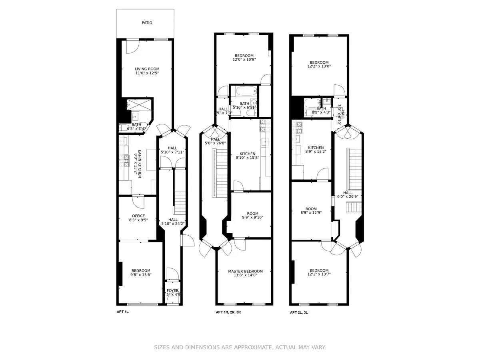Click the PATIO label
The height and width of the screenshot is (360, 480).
click(x=147, y=23)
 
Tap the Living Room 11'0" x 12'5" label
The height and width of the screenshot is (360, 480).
click(x=147, y=71)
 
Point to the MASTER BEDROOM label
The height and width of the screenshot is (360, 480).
click(x=245, y=273)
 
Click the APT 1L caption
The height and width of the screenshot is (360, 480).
click(x=122, y=312)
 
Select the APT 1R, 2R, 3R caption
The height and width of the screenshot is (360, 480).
click(x=230, y=312)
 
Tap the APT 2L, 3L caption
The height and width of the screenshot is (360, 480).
click(x=299, y=312)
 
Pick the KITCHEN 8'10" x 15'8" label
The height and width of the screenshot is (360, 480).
click(x=247, y=156)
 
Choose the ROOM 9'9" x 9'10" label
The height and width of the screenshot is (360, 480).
click(x=252, y=216)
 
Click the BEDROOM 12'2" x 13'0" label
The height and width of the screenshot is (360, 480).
click(x=319, y=64)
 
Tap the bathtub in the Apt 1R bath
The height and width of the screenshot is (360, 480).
click(x=244, y=91)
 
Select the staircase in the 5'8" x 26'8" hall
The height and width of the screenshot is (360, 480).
click(x=221, y=172)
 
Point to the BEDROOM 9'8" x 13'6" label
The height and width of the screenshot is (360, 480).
click(x=140, y=273)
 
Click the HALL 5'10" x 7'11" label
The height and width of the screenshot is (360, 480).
click(x=172, y=150)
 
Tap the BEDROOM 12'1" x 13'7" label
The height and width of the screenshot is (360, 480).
click(x=319, y=272)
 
